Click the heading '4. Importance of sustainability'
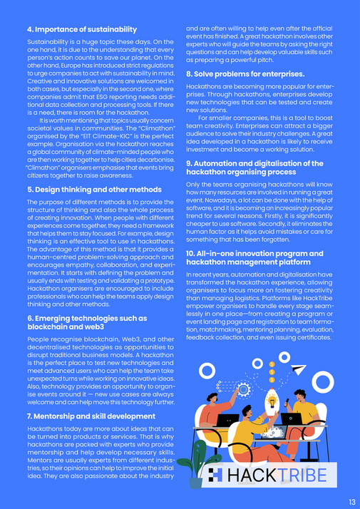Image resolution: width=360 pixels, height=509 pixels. [81, 29]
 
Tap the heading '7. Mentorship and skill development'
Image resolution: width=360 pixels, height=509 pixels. [91, 416]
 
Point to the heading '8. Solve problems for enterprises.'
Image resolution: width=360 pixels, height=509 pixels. [245, 73]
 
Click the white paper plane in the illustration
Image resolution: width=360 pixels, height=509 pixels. [299, 369]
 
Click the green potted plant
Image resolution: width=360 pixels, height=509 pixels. [192, 466]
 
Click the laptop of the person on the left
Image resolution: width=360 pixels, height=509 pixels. [227, 420]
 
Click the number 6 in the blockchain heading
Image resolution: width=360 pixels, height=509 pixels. [29, 318]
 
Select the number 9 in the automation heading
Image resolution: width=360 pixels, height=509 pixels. [188, 163]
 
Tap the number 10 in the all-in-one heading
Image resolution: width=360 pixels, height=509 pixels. [190, 253]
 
